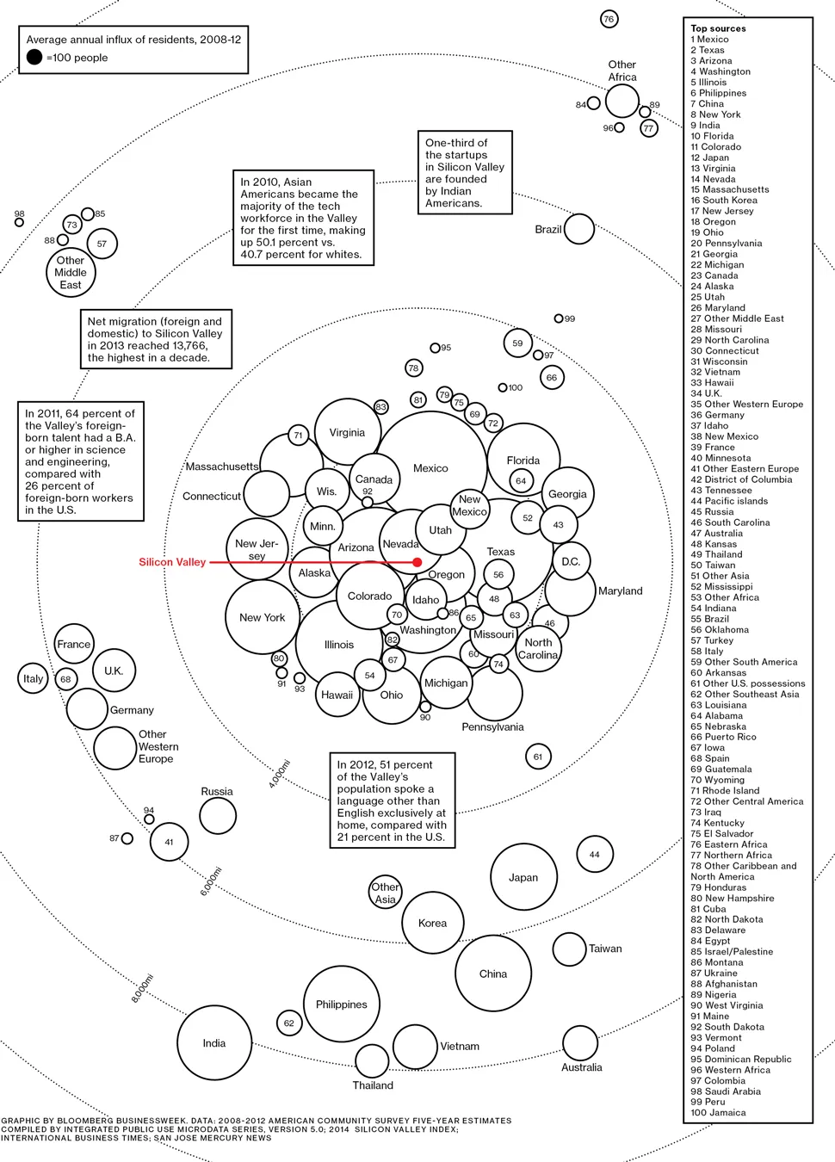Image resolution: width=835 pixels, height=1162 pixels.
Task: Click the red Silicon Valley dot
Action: tap(417, 562)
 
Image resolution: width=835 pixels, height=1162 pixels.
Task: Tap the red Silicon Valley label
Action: tap(172, 562)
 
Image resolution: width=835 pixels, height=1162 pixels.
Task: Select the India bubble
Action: tap(213, 1042)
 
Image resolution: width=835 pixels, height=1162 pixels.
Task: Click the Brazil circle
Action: tap(578, 229)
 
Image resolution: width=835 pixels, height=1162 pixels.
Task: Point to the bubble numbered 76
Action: tap(609, 19)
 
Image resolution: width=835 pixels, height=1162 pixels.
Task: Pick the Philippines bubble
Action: tap(342, 1004)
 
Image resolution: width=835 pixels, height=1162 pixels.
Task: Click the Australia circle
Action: tap(580, 1043)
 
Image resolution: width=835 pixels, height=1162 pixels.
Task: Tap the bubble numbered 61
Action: tap(538, 757)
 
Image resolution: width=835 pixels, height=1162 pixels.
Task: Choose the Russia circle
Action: tap(218, 816)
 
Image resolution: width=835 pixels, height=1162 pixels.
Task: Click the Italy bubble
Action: tap(33, 678)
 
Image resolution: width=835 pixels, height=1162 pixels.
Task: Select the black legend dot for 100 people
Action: tap(34, 57)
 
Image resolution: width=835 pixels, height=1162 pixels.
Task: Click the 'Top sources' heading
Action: tap(718, 28)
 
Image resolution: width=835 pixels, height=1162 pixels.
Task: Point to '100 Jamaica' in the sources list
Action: tap(718, 1112)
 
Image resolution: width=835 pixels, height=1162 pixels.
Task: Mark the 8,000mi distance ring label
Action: tap(142, 987)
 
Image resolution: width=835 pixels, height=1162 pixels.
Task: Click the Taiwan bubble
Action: tap(569, 949)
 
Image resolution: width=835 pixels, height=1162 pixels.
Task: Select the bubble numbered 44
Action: tap(594, 854)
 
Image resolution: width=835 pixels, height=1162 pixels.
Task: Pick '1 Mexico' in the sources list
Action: tap(709, 40)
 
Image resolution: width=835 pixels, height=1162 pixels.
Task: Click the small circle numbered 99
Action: tap(559, 318)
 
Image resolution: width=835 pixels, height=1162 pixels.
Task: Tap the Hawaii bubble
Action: tap(337, 695)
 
